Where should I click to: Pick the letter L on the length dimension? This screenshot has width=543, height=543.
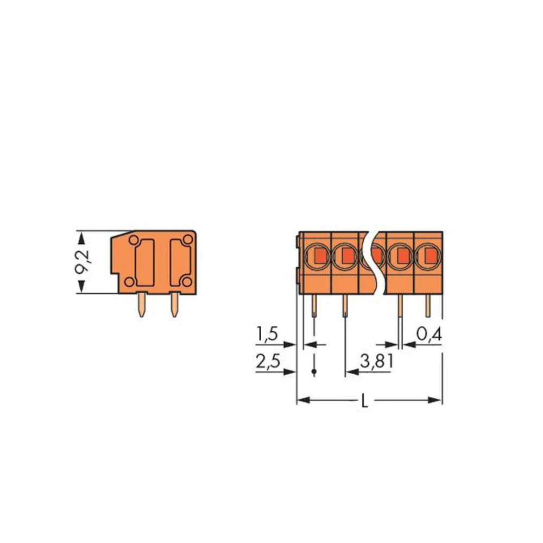366,401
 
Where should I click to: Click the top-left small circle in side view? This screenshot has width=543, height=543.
133,239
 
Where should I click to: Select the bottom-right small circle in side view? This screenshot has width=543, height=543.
186,281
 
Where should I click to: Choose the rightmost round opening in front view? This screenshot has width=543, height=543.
428,255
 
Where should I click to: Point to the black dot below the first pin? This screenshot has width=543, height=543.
314,371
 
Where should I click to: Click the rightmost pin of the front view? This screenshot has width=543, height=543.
428,306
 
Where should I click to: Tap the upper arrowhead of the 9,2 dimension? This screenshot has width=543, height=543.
82,237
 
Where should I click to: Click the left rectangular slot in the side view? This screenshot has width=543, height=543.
144,262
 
